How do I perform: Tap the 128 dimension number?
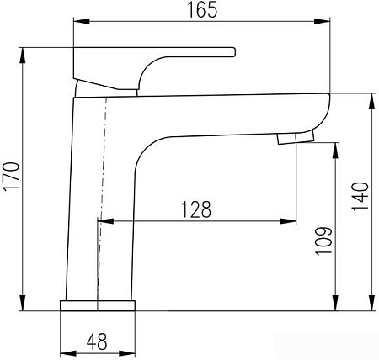pos(194,208)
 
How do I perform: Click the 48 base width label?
pos(97,343)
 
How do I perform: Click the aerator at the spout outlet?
pos(295,136)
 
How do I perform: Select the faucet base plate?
pos(98,304)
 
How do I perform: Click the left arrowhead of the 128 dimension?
pos(104,221)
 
